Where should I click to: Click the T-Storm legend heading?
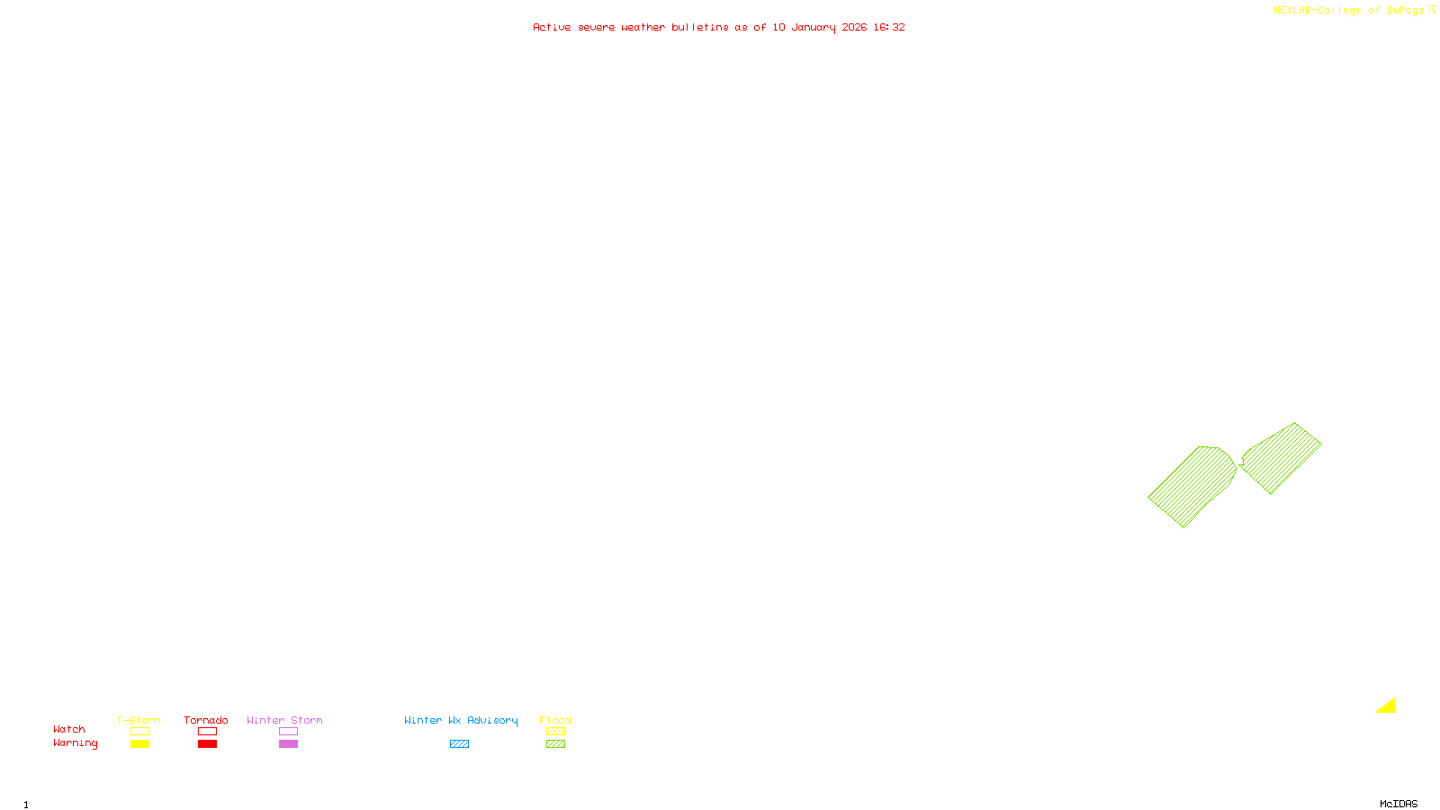click(139, 720)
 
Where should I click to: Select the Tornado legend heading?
click(206, 720)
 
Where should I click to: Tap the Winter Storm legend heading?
click(284, 720)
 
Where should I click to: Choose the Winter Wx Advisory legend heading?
click(461, 720)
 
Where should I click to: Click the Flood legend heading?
click(555, 720)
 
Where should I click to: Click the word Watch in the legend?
click(69, 729)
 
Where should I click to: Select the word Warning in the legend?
click(76, 743)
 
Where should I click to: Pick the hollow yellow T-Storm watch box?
click(139, 732)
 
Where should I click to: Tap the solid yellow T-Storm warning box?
click(139, 744)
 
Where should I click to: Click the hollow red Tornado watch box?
click(207, 732)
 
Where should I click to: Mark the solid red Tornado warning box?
click(207, 744)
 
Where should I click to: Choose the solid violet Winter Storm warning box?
click(288, 744)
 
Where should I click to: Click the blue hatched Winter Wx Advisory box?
click(459, 744)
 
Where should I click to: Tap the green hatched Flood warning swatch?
click(555, 744)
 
